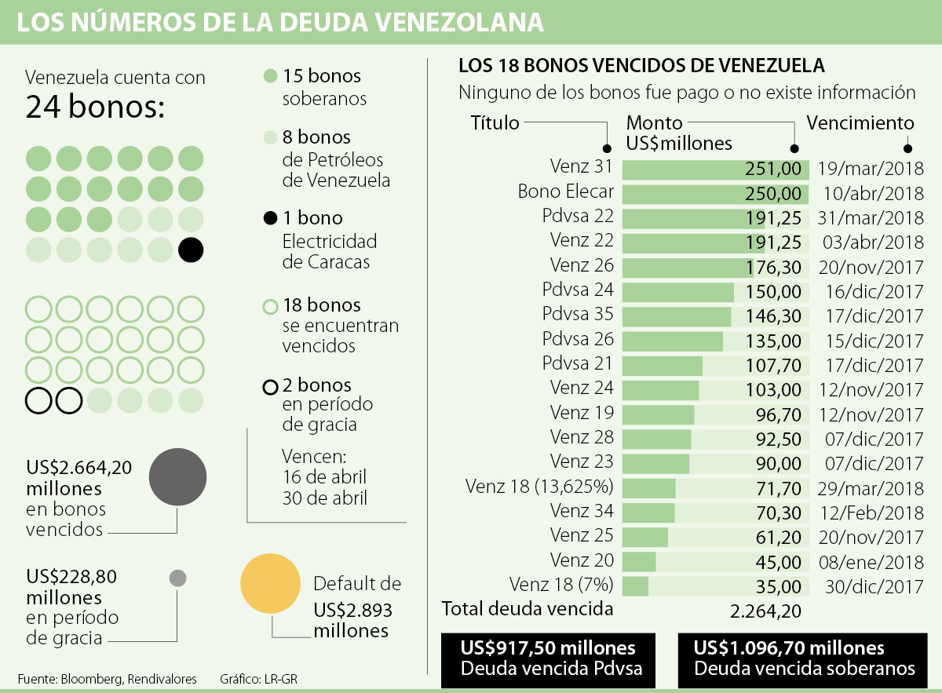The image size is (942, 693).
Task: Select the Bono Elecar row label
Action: [x=566, y=192]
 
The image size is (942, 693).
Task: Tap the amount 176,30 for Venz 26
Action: [x=774, y=267]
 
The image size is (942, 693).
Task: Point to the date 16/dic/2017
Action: [x=874, y=291]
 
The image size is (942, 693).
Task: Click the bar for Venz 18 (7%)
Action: [x=636, y=585]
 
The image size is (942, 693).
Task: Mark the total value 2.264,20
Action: [x=765, y=610]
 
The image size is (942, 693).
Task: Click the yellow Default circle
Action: [x=272, y=584]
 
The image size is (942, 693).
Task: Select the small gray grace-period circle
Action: [x=177, y=578]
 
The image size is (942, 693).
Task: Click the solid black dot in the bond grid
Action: [x=191, y=250]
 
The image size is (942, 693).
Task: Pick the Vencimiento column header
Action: [x=860, y=123]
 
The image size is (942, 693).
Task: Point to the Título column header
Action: [x=495, y=122]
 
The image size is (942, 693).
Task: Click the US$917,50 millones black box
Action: [x=548, y=658]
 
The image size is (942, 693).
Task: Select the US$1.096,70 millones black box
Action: [x=804, y=658]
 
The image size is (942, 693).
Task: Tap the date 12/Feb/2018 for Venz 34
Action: [x=874, y=512]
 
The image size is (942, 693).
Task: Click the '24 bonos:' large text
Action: [x=95, y=107]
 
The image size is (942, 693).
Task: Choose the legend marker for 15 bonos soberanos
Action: [x=270, y=77]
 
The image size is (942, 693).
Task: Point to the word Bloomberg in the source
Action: [x=93, y=679]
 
